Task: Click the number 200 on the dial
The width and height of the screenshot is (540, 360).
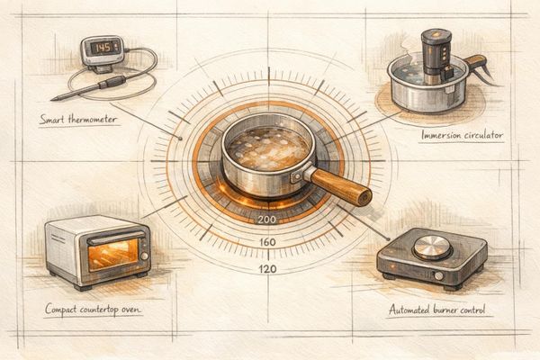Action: [x=267, y=219]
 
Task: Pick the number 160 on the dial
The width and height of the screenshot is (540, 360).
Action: [x=267, y=243]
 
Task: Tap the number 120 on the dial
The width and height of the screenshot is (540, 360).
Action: [x=267, y=268]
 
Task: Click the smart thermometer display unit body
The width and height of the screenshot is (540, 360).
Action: [x=100, y=52]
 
